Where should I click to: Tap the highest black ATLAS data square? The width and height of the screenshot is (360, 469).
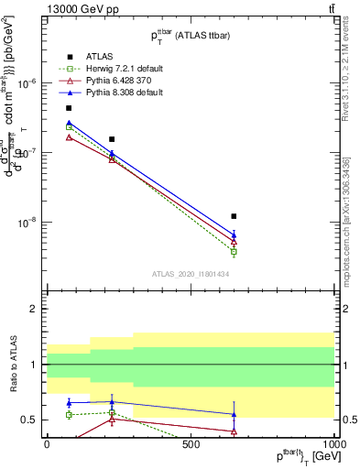[x=69, y=108]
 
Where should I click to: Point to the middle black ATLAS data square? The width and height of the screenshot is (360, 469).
[x=112, y=139]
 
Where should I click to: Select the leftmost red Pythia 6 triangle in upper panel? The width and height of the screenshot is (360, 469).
[x=69, y=137]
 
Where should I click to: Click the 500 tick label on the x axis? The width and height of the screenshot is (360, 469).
[x=191, y=444]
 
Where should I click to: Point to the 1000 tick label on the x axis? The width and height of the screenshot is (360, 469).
[x=333, y=444]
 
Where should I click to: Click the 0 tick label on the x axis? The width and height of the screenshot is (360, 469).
[x=47, y=444]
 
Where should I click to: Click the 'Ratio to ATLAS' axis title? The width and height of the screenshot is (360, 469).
[x=12, y=365]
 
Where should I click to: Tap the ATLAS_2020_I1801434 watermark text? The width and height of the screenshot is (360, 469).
[x=191, y=273]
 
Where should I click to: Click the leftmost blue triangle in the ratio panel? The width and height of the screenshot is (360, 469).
[x=69, y=403]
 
